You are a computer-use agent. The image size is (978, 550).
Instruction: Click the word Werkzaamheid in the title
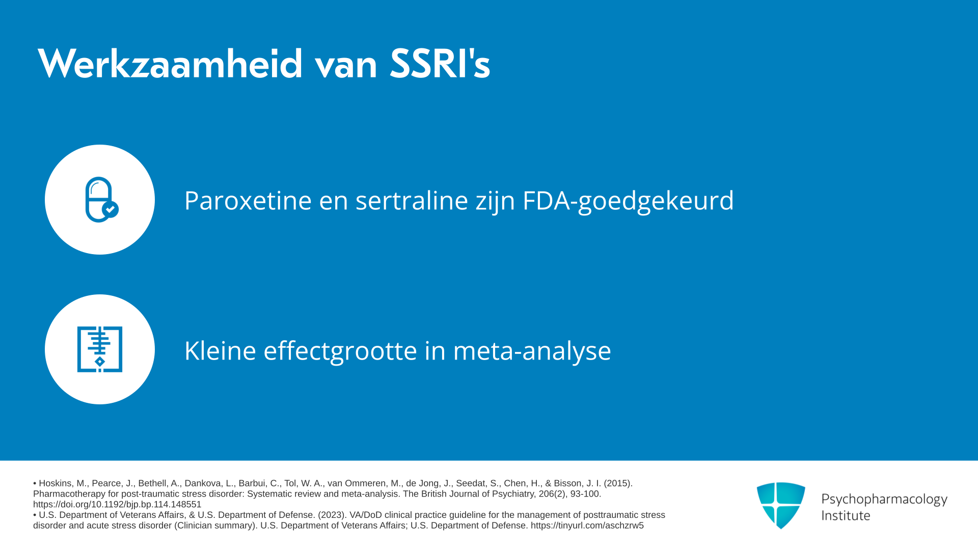tap(170, 64)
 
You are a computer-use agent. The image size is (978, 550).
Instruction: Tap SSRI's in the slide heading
tap(440, 64)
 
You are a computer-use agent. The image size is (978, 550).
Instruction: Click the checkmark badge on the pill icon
tap(110, 209)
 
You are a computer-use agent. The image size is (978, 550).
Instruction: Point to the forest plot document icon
tap(100, 349)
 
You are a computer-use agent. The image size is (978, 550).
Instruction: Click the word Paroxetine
tap(248, 200)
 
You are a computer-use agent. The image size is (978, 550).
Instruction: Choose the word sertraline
tap(412, 200)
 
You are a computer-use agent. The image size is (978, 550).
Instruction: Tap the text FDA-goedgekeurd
tap(628, 201)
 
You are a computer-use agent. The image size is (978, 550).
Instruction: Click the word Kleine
tap(220, 350)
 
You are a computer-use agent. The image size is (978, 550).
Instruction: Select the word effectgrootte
tap(340, 351)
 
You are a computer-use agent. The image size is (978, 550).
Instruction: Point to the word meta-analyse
tap(532, 351)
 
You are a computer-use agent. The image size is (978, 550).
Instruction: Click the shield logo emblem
tap(781, 505)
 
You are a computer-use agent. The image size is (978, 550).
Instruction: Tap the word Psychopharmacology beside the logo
tap(884, 499)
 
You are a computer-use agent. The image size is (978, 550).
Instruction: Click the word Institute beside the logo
tap(846, 515)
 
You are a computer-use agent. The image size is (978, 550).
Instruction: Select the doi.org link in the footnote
tap(117, 504)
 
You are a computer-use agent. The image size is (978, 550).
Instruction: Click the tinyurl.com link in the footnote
tap(587, 526)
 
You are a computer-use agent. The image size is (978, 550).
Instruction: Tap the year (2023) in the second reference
tap(332, 515)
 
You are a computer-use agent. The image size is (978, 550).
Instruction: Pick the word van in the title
tap(346, 65)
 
